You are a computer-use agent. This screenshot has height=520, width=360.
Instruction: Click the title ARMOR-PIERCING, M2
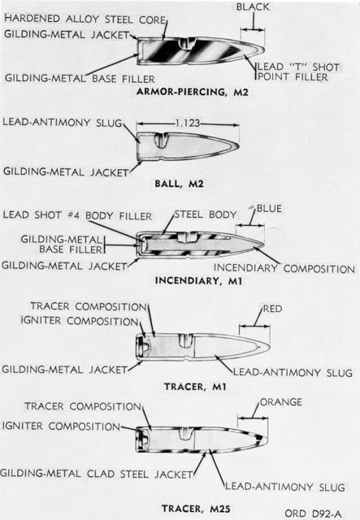pyautogui.click(x=192, y=92)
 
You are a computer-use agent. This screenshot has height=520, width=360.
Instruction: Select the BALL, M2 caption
pyautogui.click(x=179, y=184)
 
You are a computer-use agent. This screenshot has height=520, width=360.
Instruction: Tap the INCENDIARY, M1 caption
pyautogui.click(x=198, y=281)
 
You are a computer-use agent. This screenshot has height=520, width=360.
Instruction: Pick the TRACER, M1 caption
pyautogui.click(x=195, y=387)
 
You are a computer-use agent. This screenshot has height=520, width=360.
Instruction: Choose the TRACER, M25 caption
pyautogui.click(x=196, y=509)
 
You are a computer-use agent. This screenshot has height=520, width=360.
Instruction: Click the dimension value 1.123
pyautogui.click(x=188, y=123)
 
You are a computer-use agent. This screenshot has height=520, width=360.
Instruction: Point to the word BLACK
pyautogui.click(x=253, y=7)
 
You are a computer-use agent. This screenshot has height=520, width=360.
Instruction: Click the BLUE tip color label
pyautogui.click(x=269, y=209)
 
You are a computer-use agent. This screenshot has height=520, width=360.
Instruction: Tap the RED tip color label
pyautogui.click(x=272, y=309)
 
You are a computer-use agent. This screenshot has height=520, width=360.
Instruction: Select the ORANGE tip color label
pyautogui.click(x=280, y=402)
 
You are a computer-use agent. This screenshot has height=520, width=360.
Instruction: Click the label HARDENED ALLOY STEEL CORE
pyautogui.click(x=85, y=19)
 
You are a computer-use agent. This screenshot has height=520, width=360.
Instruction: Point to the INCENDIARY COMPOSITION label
pyautogui.click(x=284, y=268)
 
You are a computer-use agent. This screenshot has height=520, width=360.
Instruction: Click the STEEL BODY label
pyautogui.click(x=206, y=214)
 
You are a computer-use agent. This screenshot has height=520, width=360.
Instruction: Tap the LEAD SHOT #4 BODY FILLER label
pyautogui.click(x=77, y=215)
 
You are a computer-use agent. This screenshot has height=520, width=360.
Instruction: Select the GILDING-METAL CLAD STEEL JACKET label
pyautogui.click(x=96, y=474)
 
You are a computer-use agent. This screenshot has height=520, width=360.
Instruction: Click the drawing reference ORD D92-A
pyautogui.click(x=313, y=513)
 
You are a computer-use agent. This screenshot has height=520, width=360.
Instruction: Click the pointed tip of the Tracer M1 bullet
pyautogui.click(x=270, y=347)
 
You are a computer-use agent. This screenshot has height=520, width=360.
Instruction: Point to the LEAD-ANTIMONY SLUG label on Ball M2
pyautogui.click(x=63, y=123)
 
